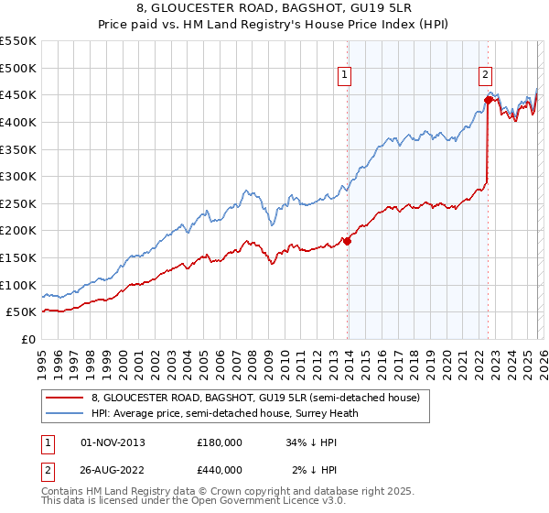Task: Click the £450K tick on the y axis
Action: click(x=18, y=94)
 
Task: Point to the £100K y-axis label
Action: click(x=18, y=285)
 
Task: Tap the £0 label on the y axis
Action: click(x=29, y=339)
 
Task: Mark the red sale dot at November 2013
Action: click(x=348, y=241)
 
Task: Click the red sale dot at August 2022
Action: click(x=488, y=101)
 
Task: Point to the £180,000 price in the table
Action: click(x=219, y=442)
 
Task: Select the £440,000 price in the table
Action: click(x=219, y=470)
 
